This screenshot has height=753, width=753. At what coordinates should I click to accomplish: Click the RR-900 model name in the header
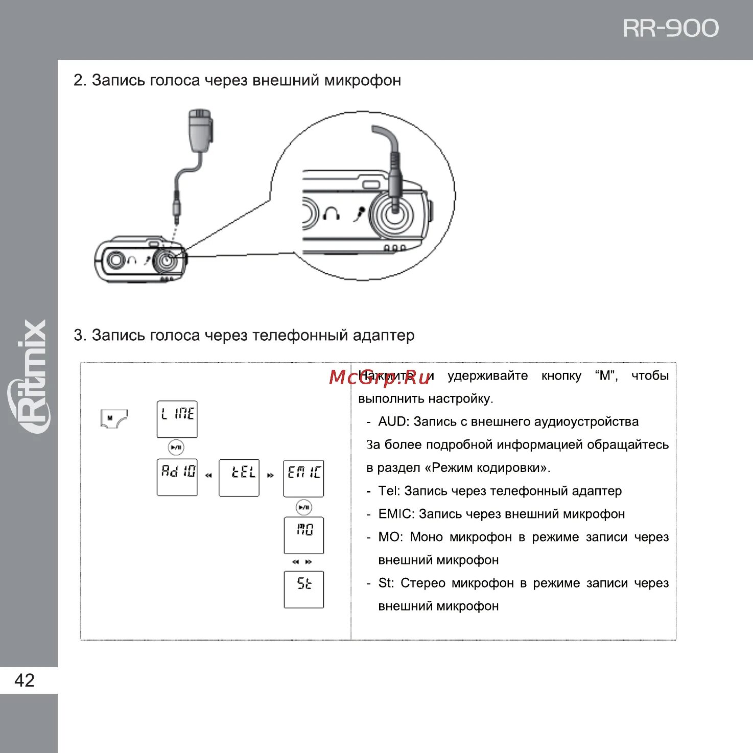(x=670, y=29)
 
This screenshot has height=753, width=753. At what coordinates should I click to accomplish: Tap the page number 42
(x=25, y=680)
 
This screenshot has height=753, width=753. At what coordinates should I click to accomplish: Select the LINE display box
(x=177, y=419)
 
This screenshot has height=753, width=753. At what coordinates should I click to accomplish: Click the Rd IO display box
(x=177, y=477)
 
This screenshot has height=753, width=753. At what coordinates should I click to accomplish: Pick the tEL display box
(x=239, y=478)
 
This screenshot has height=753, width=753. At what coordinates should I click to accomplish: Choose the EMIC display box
(x=303, y=478)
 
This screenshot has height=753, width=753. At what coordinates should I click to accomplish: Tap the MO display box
(x=303, y=535)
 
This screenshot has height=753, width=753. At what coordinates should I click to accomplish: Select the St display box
(x=303, y=589)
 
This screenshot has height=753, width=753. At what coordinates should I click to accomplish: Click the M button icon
(x=113, y=419)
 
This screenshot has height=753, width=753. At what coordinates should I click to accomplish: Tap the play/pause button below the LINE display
(x=176, y=448)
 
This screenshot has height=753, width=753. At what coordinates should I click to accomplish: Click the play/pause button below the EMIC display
(x=304, y=507)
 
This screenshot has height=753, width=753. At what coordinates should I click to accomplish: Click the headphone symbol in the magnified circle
(x=332, y=213)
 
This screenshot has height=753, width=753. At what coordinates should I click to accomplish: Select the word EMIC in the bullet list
(x=395, y=514)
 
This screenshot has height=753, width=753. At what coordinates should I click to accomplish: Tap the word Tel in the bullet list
(x=388, y=491)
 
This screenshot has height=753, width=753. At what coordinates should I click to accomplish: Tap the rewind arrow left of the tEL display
(x=208, y=476)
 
